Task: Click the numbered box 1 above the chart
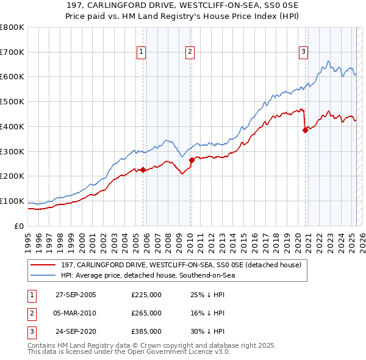click(141, 52)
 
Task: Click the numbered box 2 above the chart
click(190, 52)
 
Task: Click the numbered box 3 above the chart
click(303, 52)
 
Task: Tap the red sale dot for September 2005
click(143, 170)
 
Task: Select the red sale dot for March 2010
click(192, 160)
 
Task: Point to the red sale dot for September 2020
click(305, 130)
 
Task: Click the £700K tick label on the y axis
click(12, 52)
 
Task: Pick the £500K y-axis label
click(12, 102)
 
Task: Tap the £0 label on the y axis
click(20, 226)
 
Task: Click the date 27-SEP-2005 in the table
click(76, 295)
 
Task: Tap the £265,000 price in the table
click(146, 313)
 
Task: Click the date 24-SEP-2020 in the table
click(76, 332)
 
